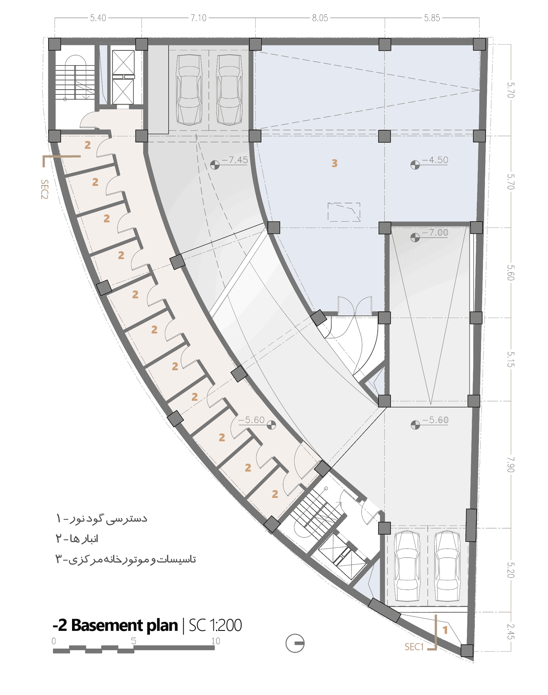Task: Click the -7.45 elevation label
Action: pyautogui.click(x=235, y=160)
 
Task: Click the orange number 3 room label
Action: pyautogui.click(x=334, y=163)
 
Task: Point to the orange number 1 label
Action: pyautogui.click(x=445, y=630)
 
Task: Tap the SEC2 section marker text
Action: pyautogui.click(x=45, y=189)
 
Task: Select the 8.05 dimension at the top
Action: pyautogui.click(x=320, y=18)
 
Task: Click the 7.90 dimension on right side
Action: pyautogui.click(x=510, y=465)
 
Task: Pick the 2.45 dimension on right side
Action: pyautogui.click(x=510, y=631)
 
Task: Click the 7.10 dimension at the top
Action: pyautogui.click(x=198, y=18)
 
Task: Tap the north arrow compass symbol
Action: pyautogui.click(x=295, y=643)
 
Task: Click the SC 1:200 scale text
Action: pyautogui.click(x=215, y=625)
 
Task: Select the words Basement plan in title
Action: pyautogui.click(x=124, y=625)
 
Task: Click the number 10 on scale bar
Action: pyautogui.click(x=216, y=641)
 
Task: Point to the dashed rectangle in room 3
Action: pyautogui.click(x=344, y=212)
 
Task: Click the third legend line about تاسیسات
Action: pyautogui.click(x=125, y=559)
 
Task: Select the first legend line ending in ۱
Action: pyautogui.click(x=102, y=519)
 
